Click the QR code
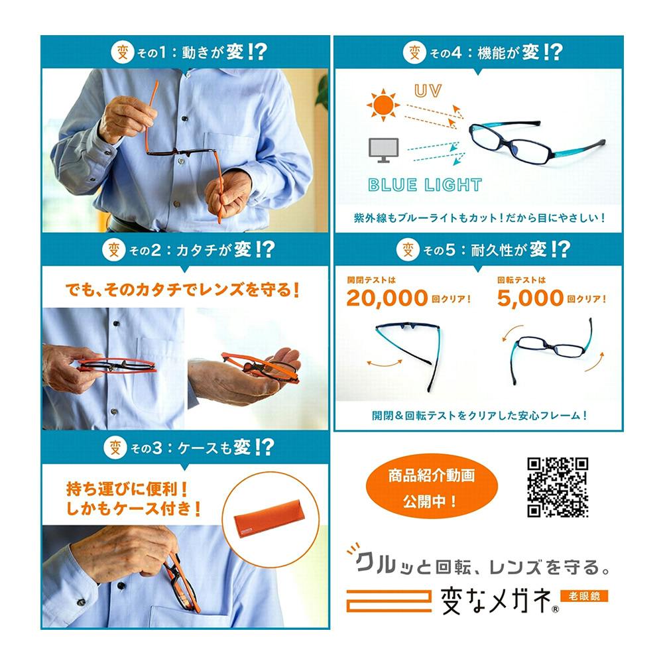tap(558, 487)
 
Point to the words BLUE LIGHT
tap(425, 185)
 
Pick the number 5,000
tap(530, 298)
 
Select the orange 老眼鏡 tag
tap(583, 596)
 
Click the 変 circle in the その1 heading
tap(119, 52)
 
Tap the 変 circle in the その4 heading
tap(414, 52)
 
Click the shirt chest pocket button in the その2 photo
tap(116, 324)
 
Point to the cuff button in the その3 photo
tap(81, 602)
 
